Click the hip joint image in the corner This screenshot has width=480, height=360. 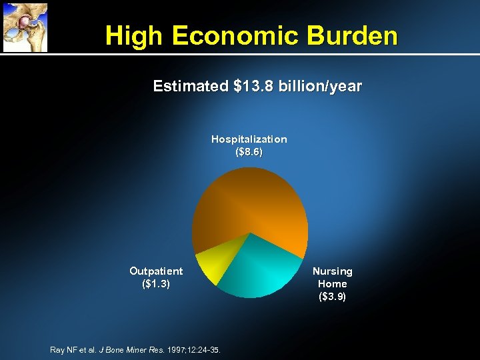25,27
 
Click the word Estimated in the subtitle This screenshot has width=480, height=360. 189,87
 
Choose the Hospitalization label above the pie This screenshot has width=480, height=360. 249,139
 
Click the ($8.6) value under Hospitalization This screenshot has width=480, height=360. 249,152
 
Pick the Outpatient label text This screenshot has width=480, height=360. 156,271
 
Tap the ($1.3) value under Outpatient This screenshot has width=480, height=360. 156,284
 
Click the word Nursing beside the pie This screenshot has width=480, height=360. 333,271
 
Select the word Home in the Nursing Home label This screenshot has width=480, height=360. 333,284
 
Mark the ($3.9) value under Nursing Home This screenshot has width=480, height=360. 333,297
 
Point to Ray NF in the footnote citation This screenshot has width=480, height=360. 64,349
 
